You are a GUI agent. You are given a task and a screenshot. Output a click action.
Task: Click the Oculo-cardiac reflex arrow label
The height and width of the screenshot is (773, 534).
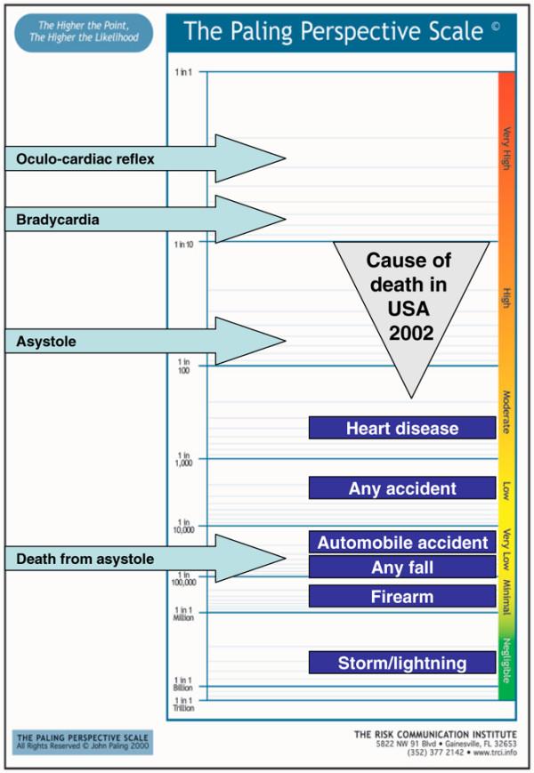[x=85, y=159]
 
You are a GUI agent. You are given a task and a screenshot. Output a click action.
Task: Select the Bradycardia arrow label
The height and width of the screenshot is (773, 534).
[x=58, y=220]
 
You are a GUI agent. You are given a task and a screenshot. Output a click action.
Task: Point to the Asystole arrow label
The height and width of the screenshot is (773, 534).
[x=46, y=342]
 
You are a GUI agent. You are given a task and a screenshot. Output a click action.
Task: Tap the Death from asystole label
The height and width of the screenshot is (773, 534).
[x=85, y=559]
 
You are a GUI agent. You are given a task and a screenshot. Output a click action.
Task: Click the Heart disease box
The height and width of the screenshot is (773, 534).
[x=402, y=428]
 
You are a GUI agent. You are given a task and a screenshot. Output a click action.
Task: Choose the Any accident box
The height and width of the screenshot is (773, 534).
[x=402, y=488]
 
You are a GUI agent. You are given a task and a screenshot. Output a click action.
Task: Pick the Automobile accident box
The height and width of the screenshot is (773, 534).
[x=402, y=543]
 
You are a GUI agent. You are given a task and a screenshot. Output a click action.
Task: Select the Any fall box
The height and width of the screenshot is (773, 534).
[x=402, y=568]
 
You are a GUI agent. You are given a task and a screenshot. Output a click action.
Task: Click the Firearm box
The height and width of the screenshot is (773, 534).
[x=402, y=597]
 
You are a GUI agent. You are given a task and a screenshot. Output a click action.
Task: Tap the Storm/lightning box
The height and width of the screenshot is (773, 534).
[x=402, y=663]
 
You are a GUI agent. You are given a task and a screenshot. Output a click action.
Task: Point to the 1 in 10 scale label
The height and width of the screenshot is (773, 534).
[x=185, y=243]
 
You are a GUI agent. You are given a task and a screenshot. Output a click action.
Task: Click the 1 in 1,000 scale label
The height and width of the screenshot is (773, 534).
[x=184, y=459]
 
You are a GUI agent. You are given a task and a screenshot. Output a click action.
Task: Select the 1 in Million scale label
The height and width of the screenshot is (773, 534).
[x=183, y=613]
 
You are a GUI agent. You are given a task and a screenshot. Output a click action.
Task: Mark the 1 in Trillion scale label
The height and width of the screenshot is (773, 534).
[x=183, y=705]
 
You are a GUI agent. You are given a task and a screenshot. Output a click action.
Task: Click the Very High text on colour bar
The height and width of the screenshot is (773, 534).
[x=506, y=149]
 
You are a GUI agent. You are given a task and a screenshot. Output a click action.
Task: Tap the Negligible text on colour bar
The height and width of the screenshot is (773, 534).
[x=506, y=661]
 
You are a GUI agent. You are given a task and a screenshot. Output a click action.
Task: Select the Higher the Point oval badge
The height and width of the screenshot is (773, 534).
[x=84, y=32]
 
